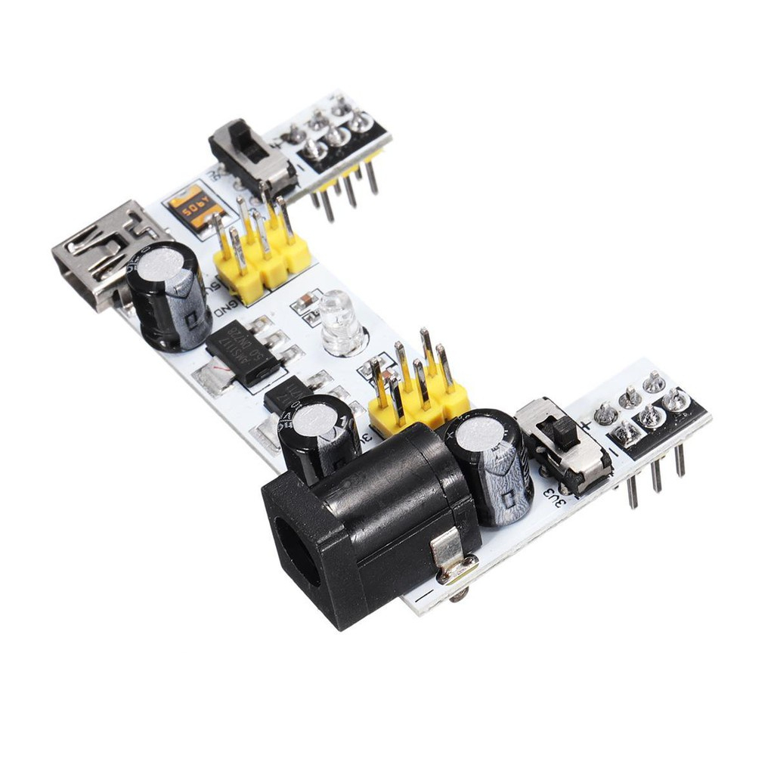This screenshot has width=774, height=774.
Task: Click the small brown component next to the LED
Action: pyautogui.click(x=306, y=303)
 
